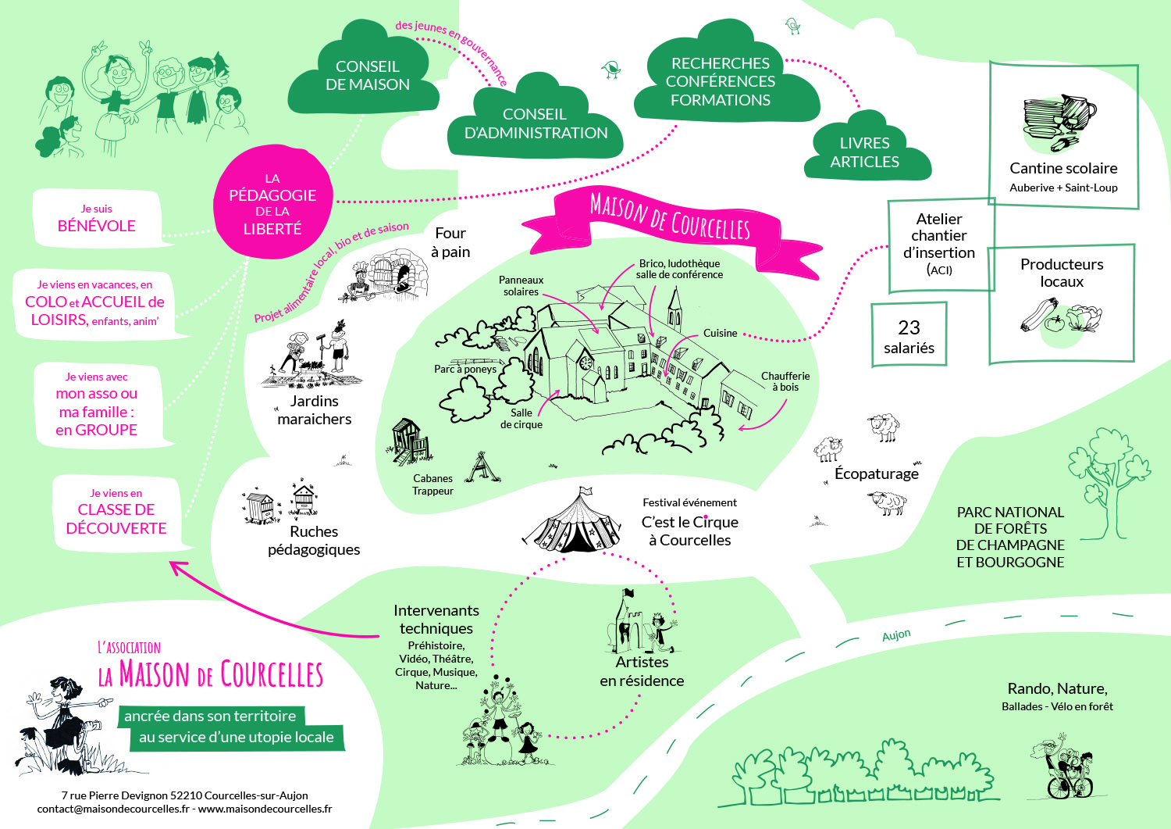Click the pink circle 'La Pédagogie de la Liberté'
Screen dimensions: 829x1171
coord(272,203)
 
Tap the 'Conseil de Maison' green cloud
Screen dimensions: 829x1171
coord(367,76)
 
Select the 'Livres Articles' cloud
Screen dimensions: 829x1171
coord(864,152)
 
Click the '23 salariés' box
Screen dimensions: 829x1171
coord(909,336)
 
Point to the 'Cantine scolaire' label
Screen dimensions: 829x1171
coord(1063,168)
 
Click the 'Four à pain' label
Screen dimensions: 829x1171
coord(450,242)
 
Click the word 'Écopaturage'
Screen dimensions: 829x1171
coord(876,473)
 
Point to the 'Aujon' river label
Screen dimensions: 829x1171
coord(896,635)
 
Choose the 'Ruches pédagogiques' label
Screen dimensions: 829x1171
coord(314,540)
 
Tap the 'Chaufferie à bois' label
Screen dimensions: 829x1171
coord(785,381)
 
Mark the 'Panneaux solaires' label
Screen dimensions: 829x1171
coord(521,286)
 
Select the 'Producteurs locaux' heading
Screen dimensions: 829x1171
coord(1062,273)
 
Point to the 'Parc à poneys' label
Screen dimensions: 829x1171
coord(465,369)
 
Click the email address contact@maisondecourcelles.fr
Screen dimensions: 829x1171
coord(112,809)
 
